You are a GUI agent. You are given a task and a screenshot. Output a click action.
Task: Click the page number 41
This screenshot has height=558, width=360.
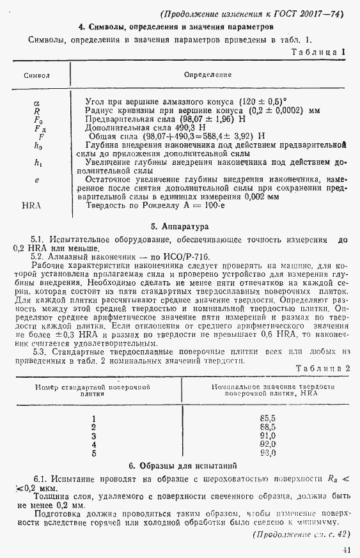[x=346, y=550]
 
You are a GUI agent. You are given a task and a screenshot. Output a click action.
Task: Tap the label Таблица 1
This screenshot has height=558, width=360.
[x=318, y=52]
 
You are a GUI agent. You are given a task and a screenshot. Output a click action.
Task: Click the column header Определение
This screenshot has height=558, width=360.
[x=208, y=75]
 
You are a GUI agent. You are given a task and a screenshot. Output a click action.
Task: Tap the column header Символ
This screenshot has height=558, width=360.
[x=36, y=75]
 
